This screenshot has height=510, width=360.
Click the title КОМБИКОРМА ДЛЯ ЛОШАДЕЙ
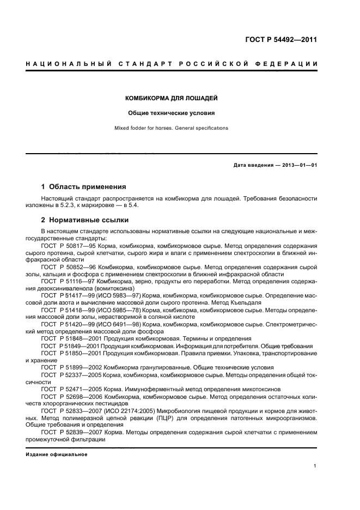[172, 99]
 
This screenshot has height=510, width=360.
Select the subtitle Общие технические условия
[172, 113]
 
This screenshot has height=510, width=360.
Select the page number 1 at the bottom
[315, 466]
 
